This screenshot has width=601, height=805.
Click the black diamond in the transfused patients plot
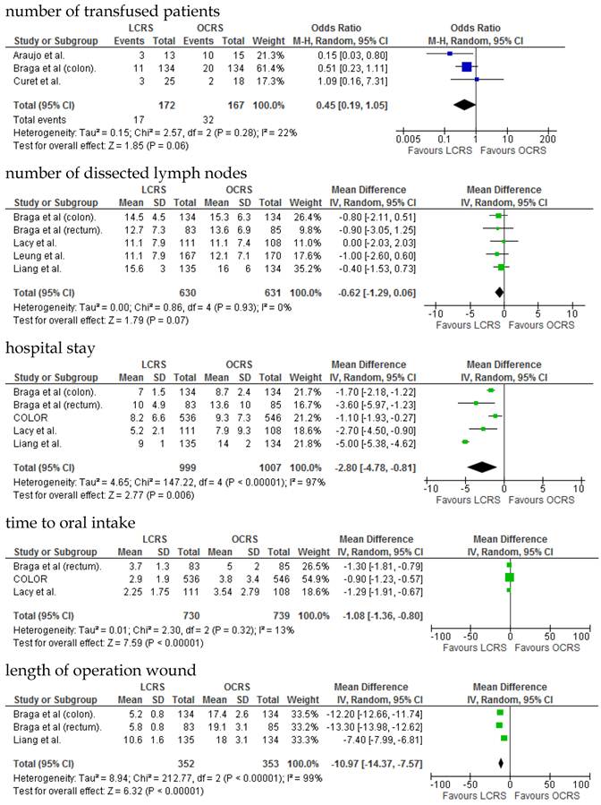click(464, 105)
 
